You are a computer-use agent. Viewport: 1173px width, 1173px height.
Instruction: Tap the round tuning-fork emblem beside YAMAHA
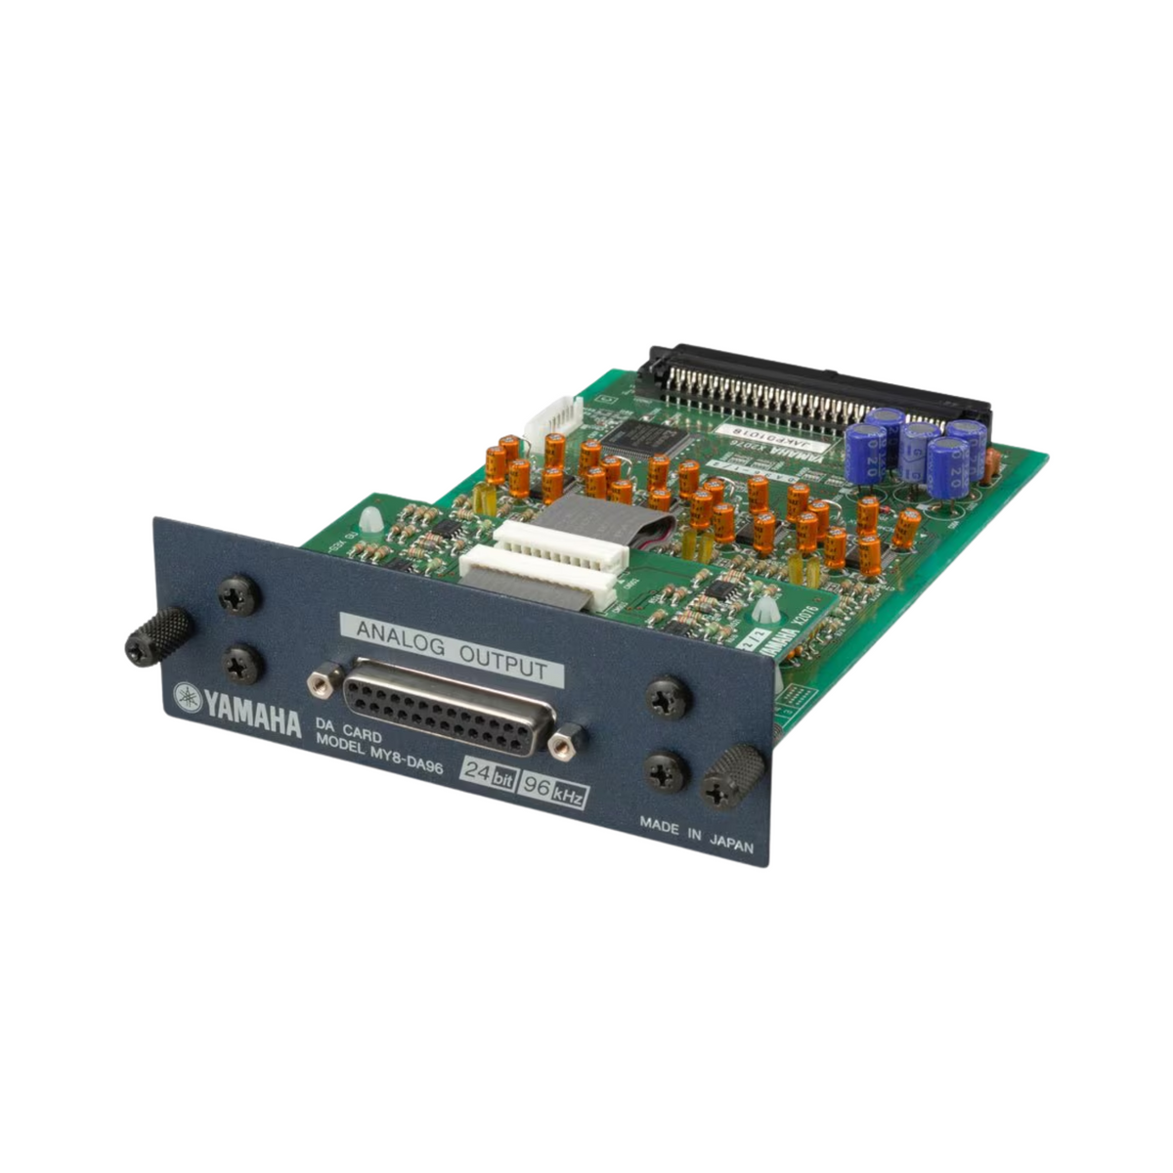186,697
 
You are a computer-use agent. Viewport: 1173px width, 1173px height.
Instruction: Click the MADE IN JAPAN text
696,836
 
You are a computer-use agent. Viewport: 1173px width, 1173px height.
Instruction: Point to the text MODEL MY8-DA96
380,752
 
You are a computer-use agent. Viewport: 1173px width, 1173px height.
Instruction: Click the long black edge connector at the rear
811,386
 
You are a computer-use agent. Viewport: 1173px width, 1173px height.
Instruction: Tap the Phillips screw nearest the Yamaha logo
240,666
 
